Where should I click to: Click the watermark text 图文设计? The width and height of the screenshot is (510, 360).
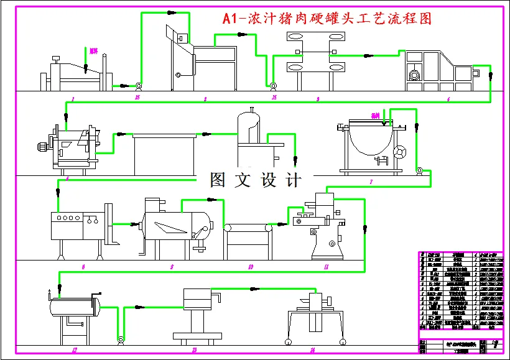[x=256, y=180]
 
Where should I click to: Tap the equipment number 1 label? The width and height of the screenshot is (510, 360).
[x=73, y=99]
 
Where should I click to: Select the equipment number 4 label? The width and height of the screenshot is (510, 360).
[x=448, y=99]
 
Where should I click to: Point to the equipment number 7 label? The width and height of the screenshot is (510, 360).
[x=371, y=182]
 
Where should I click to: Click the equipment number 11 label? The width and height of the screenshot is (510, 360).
[x=326, y=267]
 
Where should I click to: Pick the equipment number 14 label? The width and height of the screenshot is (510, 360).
[x=312, y=350]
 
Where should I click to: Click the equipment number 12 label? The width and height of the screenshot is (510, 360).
[x=74, y=350]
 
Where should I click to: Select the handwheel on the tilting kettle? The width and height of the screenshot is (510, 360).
[x=399, y=152]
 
